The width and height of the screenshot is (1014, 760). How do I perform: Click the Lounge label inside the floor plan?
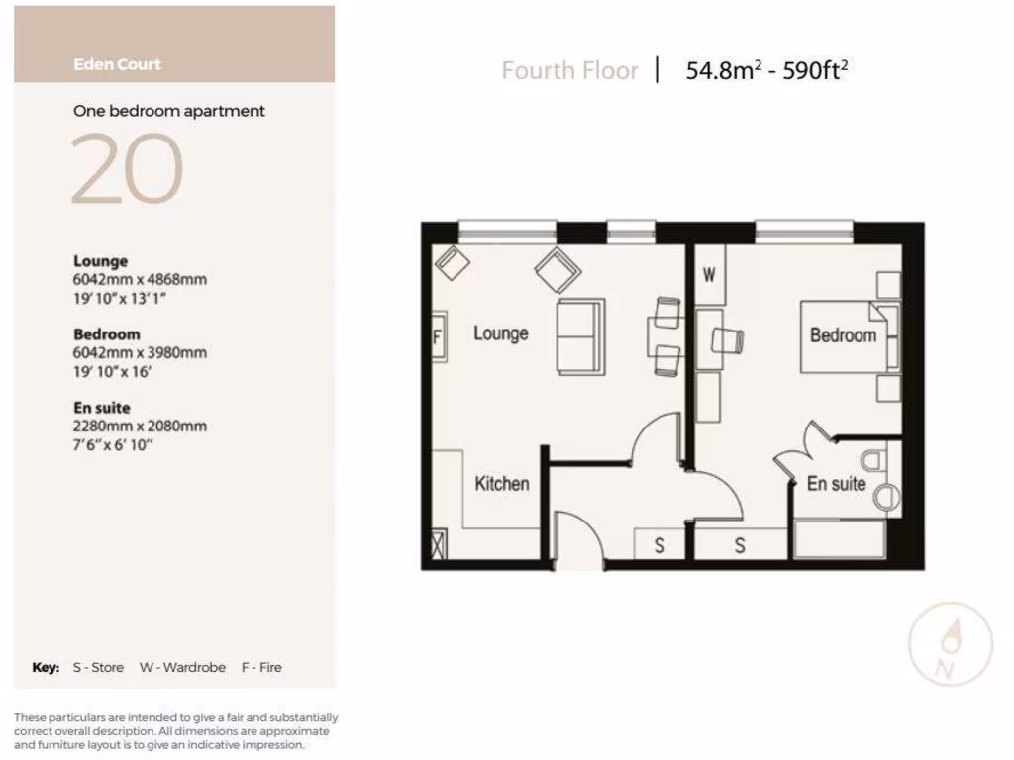click(x=500, y=333)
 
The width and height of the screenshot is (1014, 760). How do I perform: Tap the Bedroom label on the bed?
click(x=843, y=335)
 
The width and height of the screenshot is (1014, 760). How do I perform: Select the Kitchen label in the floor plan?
click(x=501, y=484)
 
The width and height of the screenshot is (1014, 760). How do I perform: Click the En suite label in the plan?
click(x=836, y=484)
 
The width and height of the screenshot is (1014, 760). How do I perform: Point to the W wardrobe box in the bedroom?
click(x=709, y=275)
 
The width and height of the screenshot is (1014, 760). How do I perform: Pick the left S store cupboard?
click(x=660, y=545)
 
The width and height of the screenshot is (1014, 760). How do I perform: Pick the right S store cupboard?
click(x=740, y=545)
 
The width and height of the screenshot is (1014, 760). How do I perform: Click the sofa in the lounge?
click(x=579, y=336)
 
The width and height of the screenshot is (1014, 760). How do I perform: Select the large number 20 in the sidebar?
click(x=127, y=169)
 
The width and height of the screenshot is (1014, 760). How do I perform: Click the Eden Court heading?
click(x=117, y=64)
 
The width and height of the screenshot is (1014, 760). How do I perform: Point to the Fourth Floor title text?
click(x=569, y=71)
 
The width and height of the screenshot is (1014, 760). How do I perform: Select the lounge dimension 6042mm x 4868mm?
click(x=140, y=280)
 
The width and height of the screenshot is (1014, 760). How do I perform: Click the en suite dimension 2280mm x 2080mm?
click(x=140, y=427)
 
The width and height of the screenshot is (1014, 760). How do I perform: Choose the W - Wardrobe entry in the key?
click(x=182, y=668)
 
